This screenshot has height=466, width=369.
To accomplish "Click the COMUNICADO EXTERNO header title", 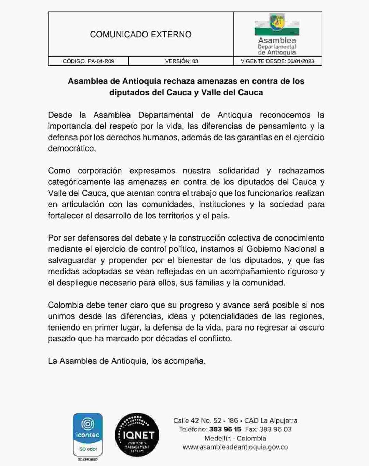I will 140,34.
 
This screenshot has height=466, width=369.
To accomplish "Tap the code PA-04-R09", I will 101,61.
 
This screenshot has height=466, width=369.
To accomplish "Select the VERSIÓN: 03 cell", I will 181,61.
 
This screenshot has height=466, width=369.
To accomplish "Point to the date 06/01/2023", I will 301,61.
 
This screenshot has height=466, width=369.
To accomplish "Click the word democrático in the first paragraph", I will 71,148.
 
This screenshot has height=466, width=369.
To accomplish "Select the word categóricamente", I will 80,182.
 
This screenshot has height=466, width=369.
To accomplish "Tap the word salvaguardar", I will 72,260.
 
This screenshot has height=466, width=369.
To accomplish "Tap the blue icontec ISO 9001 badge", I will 88,435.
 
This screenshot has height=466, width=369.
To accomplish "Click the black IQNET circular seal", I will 137,435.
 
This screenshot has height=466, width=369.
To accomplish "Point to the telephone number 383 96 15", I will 225,429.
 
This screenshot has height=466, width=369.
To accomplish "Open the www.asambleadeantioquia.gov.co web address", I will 235,447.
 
